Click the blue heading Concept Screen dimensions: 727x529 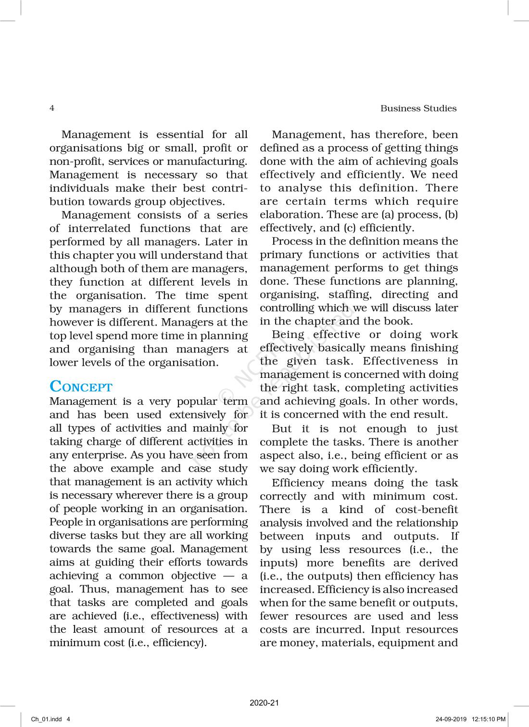pyautogui.click(x=81, y=387)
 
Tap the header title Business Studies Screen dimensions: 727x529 pyautogui.click(x=418, y=109)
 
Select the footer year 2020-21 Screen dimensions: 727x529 pyautogui.click(x=264, y=703)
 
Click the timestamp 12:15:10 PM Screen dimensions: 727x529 pyautogui.click(x=489, y=719)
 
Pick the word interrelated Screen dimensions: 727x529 pyautogui.click(x=99, y=228)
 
